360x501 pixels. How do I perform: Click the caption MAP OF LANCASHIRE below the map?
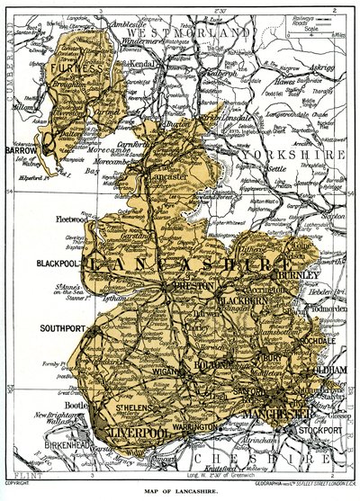[179, 492]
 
